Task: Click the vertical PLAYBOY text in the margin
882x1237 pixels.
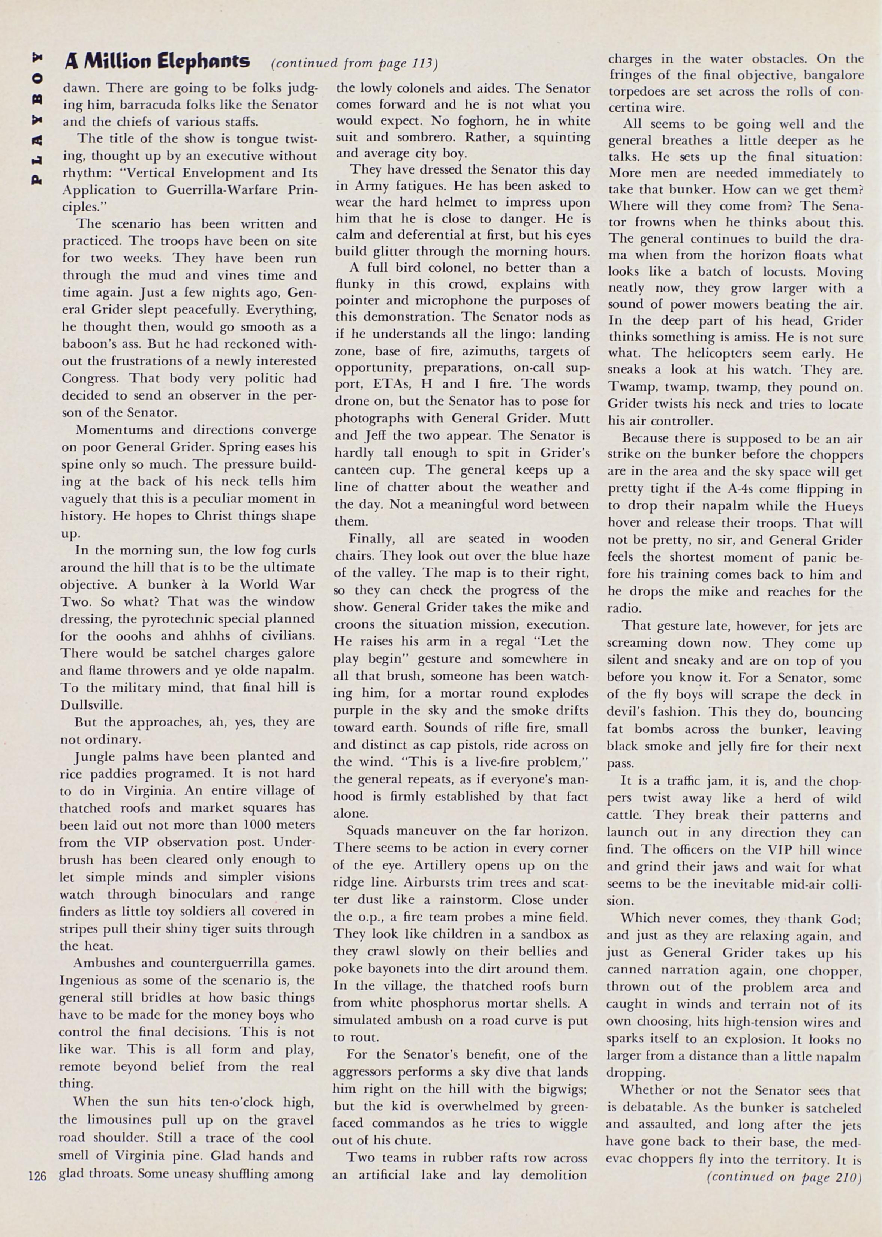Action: point(37,118)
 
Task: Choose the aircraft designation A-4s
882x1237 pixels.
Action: point(735,489)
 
